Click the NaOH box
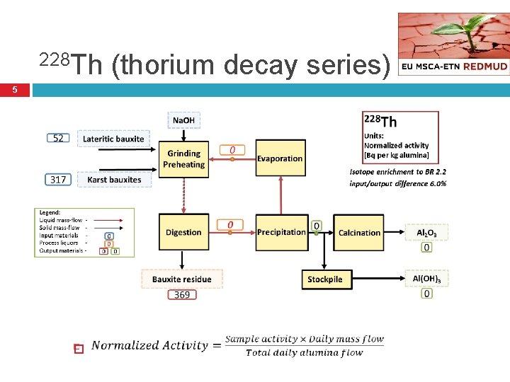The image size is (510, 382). point(183,120)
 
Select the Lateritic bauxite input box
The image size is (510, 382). point(113,139)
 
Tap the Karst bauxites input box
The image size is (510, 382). point(114,180)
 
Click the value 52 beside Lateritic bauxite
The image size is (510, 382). point(59,139)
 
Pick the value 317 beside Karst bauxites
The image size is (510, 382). point(59,180)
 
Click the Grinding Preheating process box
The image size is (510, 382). point(183,159)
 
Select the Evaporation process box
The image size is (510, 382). point(280,159)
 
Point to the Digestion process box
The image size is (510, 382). point(183,232)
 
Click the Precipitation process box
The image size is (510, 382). point(281,232)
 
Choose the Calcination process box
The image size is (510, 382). point(359,232)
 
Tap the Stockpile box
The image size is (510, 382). point(325,279)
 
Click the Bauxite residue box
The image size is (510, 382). point(182,279)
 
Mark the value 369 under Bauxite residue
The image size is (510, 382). point(182,294)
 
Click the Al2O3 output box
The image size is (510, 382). point(426,232)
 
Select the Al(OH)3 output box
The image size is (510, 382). point(426,279)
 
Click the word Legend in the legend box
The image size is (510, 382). point(50,212)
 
